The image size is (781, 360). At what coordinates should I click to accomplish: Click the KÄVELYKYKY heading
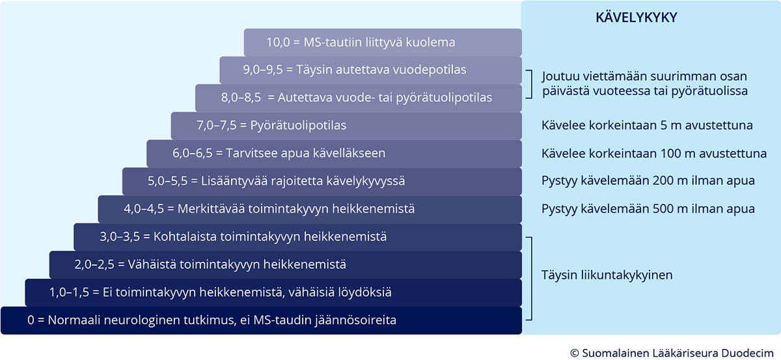[x=637, y=17]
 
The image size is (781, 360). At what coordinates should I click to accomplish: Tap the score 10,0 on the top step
[x=278, y=42]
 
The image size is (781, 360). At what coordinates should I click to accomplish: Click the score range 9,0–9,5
[x=263, y=70]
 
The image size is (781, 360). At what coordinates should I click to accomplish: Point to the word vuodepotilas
[x=430, y=70]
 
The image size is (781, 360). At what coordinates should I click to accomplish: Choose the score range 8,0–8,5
[x=241, y=98]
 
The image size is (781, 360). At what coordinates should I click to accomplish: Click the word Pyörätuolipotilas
[x=299, y=126]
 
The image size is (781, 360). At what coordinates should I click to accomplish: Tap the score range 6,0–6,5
[x=193, y=154]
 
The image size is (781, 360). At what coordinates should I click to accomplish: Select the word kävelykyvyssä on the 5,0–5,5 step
[x=366, y=182]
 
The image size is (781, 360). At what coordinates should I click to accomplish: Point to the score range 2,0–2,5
[x=94, y=265]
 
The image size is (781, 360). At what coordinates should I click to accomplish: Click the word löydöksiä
[x=364, y=292]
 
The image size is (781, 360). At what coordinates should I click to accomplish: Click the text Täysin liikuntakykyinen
[x=607, y=275]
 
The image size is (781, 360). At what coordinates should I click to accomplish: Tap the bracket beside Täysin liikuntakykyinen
[x=531, y=279]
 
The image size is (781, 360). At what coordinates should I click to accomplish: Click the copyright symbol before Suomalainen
[x=574, y=353]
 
